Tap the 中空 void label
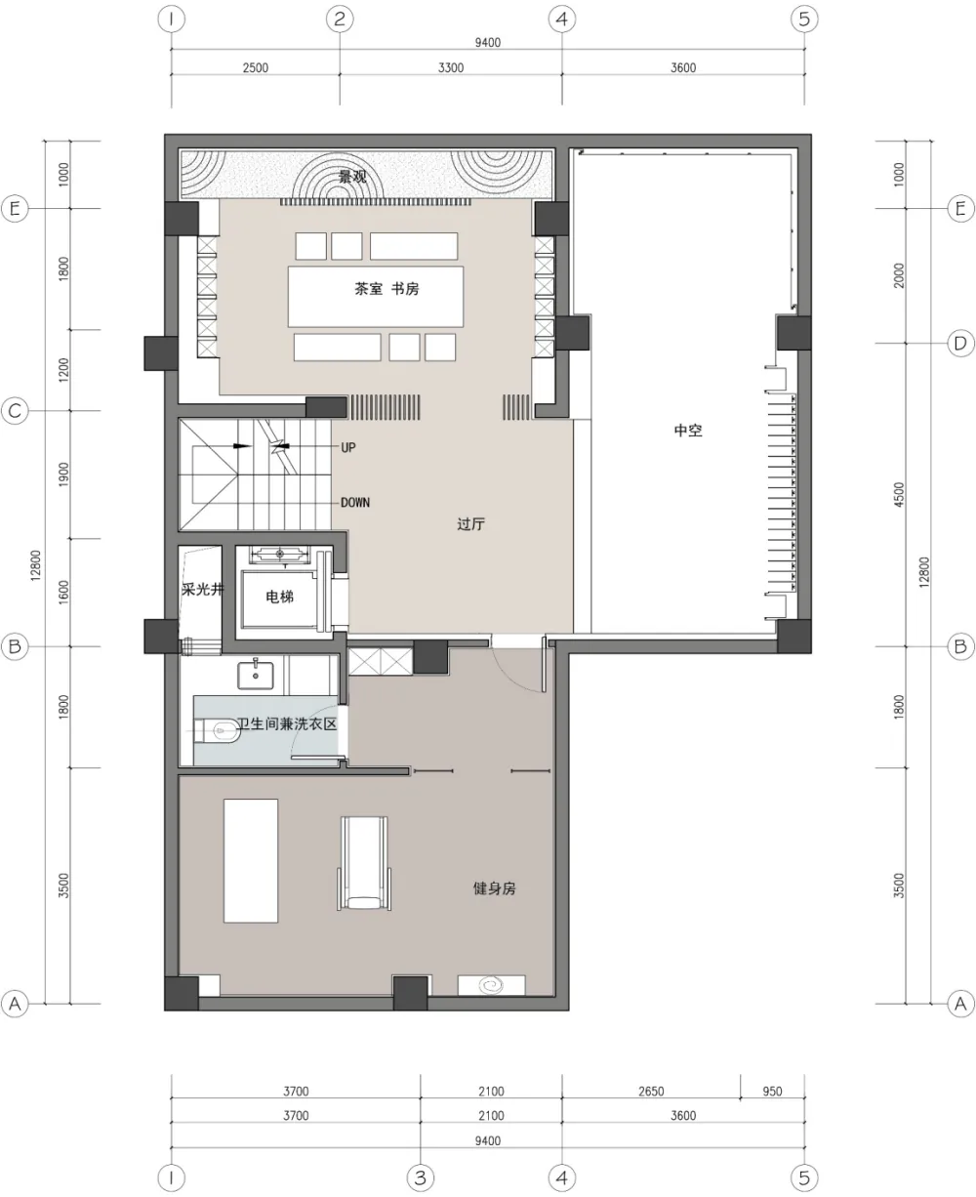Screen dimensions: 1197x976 pyautogui.click(x=688, y=430)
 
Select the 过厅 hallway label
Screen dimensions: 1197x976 pyautogui.click(x=470, y=524)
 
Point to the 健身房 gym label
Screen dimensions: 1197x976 pyautogui.click(x=494, y=889)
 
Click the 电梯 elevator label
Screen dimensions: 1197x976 pyautogui.click(x=279, y=597)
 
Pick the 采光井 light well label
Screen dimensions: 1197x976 pyautogui.click(x=202, y=590)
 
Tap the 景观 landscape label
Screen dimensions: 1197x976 pyautogui.click(x=352, y=177)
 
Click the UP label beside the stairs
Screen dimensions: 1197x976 pyautogui.click(x=348, y=447)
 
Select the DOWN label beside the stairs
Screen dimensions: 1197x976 pyautogui.click(x=355, y=503)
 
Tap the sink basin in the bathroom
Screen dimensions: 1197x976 pyautogui.click(x=259, y=672)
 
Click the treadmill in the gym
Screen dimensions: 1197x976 pyautogui.click(x=363, y=863)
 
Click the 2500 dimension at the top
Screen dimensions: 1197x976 pyautogui.click(x=256, y=67)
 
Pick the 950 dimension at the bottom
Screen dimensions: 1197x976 pyautogui.click(x=772, y=1093)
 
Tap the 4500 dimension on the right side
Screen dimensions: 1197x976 pyautogui.click(x=899, y=495)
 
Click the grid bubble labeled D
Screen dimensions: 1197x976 pyautogui.click(x=960, y=344)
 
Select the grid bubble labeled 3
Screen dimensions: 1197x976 pyautogui.click(x=420, y=1177)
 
